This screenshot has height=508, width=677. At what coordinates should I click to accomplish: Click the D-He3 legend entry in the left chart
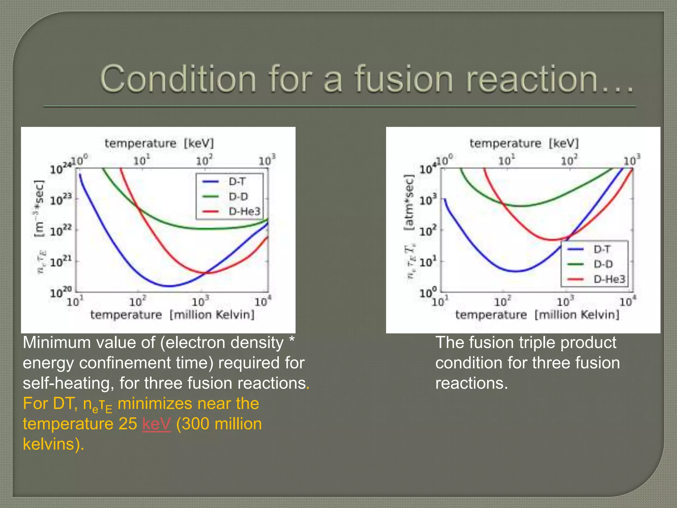click(244, 211)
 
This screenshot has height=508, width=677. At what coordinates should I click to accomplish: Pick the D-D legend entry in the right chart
click(603, 264)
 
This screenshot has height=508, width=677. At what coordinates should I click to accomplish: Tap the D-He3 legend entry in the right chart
click(609, 279)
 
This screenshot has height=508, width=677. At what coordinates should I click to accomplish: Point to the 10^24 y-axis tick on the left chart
click(60, 169)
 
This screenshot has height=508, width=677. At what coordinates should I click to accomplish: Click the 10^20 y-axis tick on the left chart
click(60, 292)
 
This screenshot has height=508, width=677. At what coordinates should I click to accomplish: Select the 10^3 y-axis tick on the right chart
click(428, 200)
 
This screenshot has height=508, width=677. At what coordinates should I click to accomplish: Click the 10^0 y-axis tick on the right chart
click(428, 292)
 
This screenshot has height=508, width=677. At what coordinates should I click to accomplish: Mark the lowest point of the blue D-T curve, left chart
click(169, 286)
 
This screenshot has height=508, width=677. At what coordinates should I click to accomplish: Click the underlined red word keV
click(156, 424)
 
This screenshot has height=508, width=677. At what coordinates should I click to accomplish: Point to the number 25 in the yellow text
click(128, 424)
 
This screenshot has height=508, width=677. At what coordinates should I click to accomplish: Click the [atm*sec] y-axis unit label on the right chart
click(409, 203)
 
